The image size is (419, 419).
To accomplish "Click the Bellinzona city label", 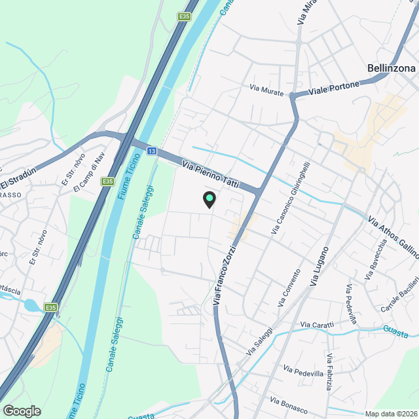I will pos(391,68).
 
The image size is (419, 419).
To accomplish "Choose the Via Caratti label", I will pos(318,325).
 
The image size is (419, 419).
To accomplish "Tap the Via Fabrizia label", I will pos(329,372).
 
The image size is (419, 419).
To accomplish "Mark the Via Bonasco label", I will pos(289,406).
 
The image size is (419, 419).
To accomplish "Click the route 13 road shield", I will pos(151,151).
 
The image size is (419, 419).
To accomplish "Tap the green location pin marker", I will pos(209,198).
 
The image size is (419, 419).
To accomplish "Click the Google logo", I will pos(22,411).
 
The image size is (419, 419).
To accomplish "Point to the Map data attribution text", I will pos(390,414).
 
